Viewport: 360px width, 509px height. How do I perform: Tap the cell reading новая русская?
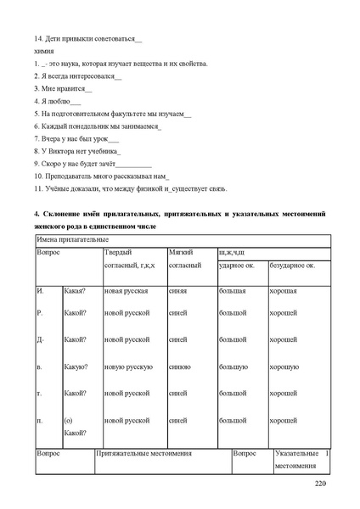tap(127, 291)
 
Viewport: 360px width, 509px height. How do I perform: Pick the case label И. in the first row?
tap(40, 291)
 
